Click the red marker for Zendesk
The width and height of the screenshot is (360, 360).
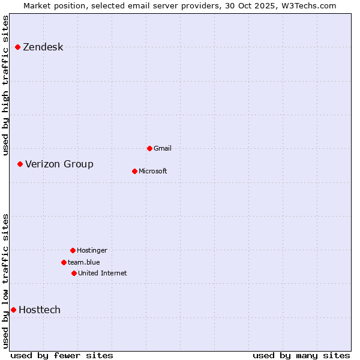(x=17, y=47)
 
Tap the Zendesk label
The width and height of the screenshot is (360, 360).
(x=43, y=47)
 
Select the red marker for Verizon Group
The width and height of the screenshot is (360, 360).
(x=20, y=164)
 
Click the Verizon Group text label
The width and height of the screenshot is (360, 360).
(x=59, y=164)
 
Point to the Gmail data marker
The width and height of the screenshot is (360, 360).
(x=149, y=148)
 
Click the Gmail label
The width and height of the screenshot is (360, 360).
(x=163, y=148)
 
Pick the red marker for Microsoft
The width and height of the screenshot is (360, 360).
(x=134, y=171)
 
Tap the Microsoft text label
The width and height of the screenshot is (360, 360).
(x=153, y=171)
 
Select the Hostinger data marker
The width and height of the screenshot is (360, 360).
(x=73, y=250)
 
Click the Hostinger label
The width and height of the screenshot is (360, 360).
(x=92, y=250)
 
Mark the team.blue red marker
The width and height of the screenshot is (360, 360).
(x=64, y=262)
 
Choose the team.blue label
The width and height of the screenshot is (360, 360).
(x=84, y=262)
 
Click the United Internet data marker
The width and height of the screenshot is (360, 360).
(x=74, y=273)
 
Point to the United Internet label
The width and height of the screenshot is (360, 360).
(x=103, y=273)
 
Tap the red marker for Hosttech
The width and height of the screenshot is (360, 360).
(x=13, y=310)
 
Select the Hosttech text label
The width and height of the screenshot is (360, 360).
(x=40, y=310)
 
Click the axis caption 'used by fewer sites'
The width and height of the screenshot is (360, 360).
(x=62, y=355)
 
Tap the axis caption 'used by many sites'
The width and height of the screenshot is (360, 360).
(x=301, y=355)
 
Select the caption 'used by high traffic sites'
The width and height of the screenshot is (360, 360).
(x=5, y=85)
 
